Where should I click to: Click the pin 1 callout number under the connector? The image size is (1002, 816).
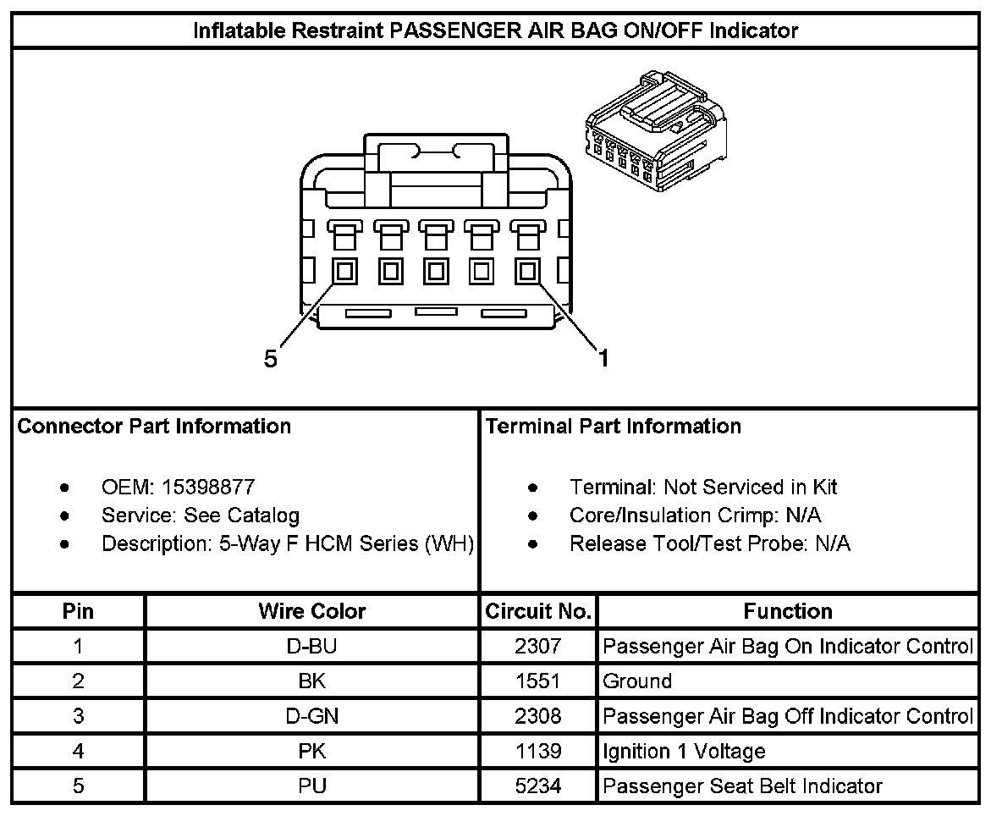[603, 359]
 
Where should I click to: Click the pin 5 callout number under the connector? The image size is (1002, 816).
[270, 360]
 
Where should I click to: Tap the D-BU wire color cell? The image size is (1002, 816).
[312, 647]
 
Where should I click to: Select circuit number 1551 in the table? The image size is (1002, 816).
[537, 681]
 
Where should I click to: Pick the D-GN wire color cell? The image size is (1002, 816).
[312, 716]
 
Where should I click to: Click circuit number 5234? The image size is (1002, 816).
[537, 786]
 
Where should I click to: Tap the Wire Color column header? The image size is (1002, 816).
[312, 611]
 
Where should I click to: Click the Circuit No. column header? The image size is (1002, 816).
[537, 611]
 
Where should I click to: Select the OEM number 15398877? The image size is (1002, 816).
[209, 488]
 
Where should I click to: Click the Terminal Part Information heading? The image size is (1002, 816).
[614, 427]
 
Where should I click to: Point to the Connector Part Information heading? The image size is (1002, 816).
[154, 427]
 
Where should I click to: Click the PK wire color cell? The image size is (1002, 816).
[312, 752]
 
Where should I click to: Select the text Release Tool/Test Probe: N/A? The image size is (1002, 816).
[709, 543]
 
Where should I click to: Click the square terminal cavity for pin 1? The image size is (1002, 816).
[527, 272]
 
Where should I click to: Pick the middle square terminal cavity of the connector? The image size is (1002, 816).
[436, 272]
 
